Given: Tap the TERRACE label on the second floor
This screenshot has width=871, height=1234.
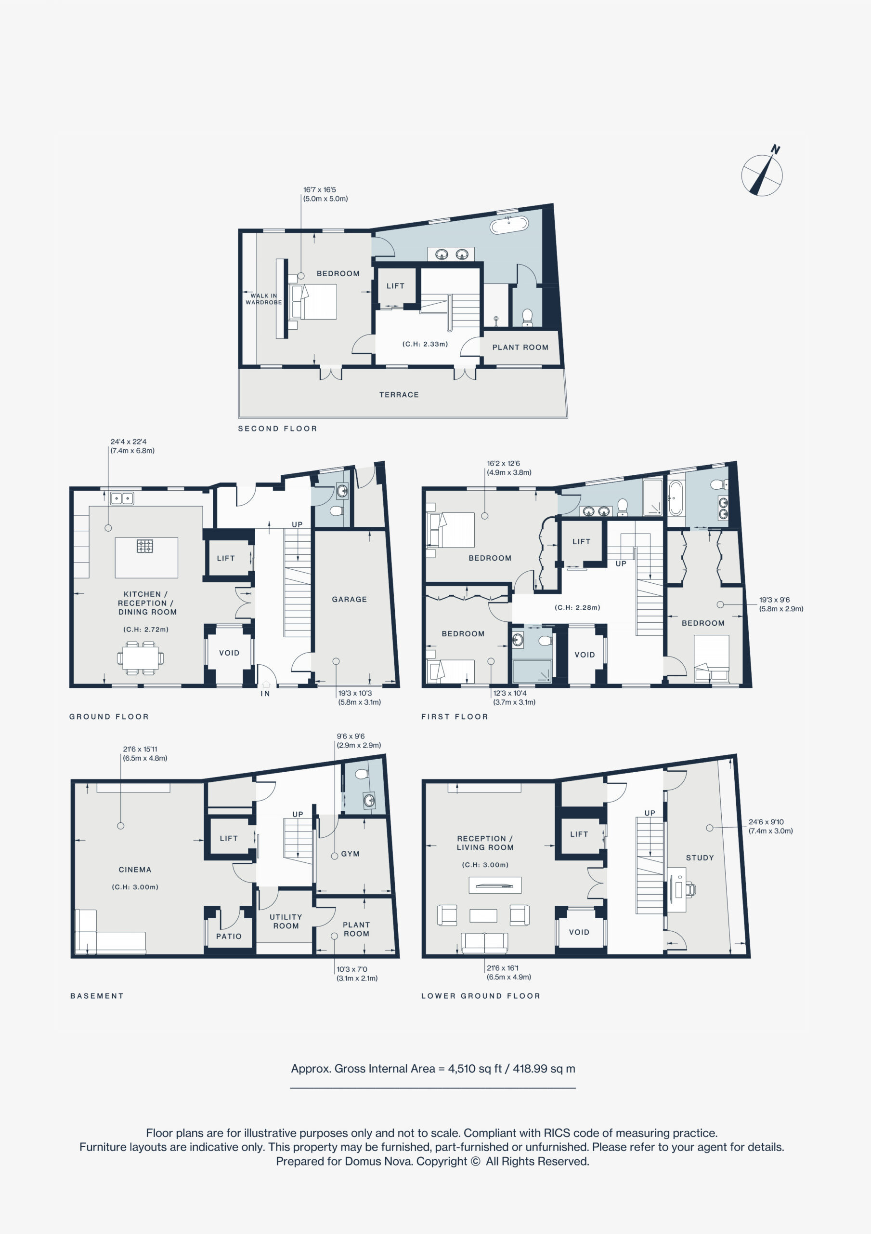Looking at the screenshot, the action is [399, 394].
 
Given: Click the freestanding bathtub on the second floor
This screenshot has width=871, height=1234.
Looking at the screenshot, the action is [508, 225].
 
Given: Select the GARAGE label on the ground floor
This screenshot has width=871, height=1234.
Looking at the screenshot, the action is [349, 599].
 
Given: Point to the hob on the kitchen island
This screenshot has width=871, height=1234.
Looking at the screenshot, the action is [144, 546].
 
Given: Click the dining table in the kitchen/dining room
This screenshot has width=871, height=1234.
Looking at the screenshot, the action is [140, 658].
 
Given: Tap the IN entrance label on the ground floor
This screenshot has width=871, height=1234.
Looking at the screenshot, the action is [265, 694].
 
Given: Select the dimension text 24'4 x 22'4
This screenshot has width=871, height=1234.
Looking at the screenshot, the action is [129, 442].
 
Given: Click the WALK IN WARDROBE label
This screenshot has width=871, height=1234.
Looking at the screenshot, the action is [264, 299].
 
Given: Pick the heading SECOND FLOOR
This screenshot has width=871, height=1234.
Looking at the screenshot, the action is [278, 429].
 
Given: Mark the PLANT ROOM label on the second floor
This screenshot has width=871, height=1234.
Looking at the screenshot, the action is [520, 347].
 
